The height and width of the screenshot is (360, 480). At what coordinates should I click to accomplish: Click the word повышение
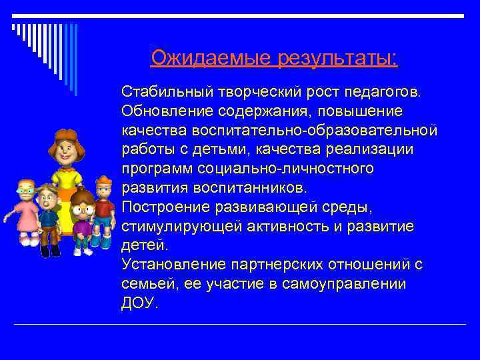[x=366, y=109]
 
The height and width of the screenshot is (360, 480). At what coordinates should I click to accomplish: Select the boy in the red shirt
[x=103, y=207]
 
